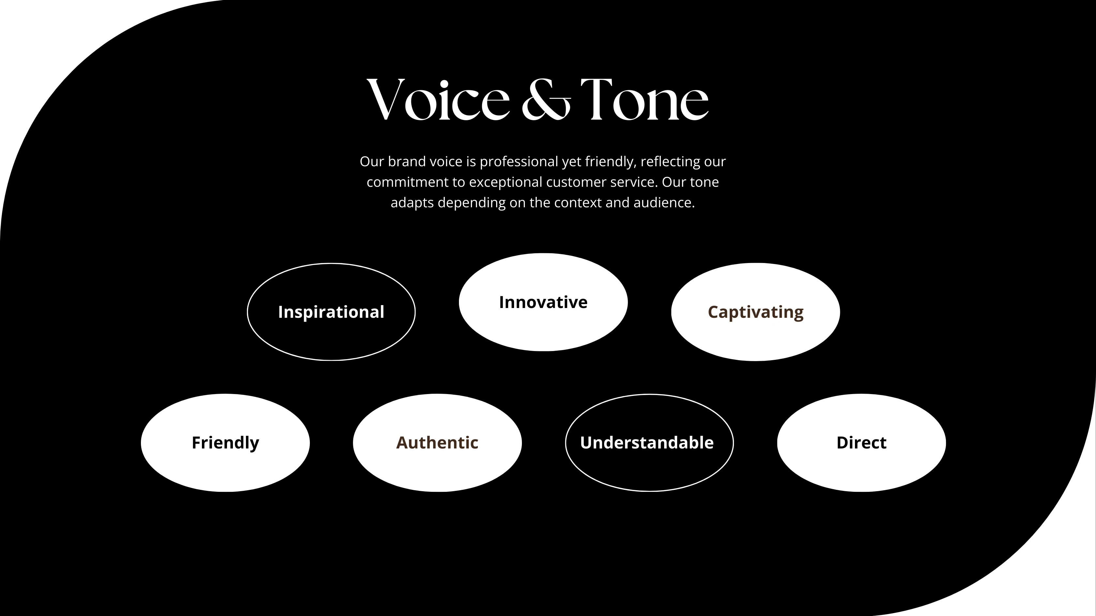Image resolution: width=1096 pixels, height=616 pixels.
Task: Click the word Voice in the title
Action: point(438,99)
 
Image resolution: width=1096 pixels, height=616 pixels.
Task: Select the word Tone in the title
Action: point(645,99)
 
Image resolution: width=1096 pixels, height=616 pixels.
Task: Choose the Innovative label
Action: point(543,302)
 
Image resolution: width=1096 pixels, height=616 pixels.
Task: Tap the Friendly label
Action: point(225,443)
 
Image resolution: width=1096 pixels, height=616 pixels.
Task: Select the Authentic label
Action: point(437,443)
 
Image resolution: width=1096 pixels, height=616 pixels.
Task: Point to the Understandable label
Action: point(647,443)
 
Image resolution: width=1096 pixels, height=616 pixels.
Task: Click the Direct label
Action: point(861,443)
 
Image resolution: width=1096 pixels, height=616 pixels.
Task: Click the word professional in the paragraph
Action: point(519,162)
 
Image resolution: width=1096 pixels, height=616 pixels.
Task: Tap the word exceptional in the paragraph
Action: point(506,183)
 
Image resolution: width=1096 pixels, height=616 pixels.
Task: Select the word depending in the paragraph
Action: point(471,203)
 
